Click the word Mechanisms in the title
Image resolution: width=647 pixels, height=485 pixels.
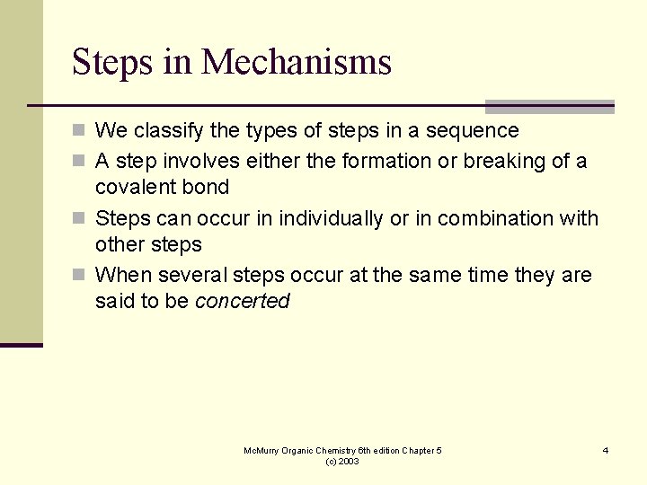point(297,63)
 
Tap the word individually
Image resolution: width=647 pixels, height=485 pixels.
point(332,218)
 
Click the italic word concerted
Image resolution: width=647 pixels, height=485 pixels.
point(242,302)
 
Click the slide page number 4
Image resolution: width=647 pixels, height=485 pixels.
point(606,450)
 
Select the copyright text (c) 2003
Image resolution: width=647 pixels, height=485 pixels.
point(342,461)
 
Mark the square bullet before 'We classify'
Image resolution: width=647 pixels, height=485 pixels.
point(79,131)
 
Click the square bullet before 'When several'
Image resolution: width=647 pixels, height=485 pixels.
point(79,275)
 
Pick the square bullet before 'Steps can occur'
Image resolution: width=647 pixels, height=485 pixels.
point(79,218)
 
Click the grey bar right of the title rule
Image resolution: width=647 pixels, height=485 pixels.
point(549,107)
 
